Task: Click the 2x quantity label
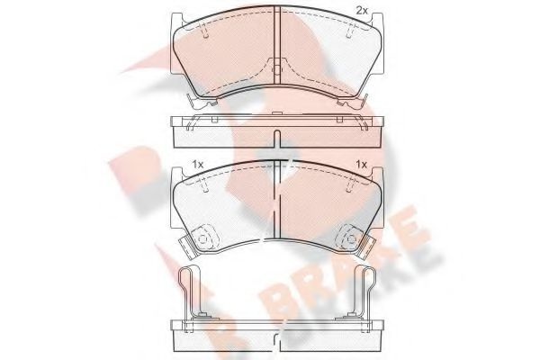point(362,11)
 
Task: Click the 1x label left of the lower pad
point(198,165)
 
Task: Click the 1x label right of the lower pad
point(362,165)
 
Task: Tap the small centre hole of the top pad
point(277,69)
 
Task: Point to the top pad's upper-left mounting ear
point(176,20)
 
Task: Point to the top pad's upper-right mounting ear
point(377,20)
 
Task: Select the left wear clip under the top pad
point(202,101)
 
